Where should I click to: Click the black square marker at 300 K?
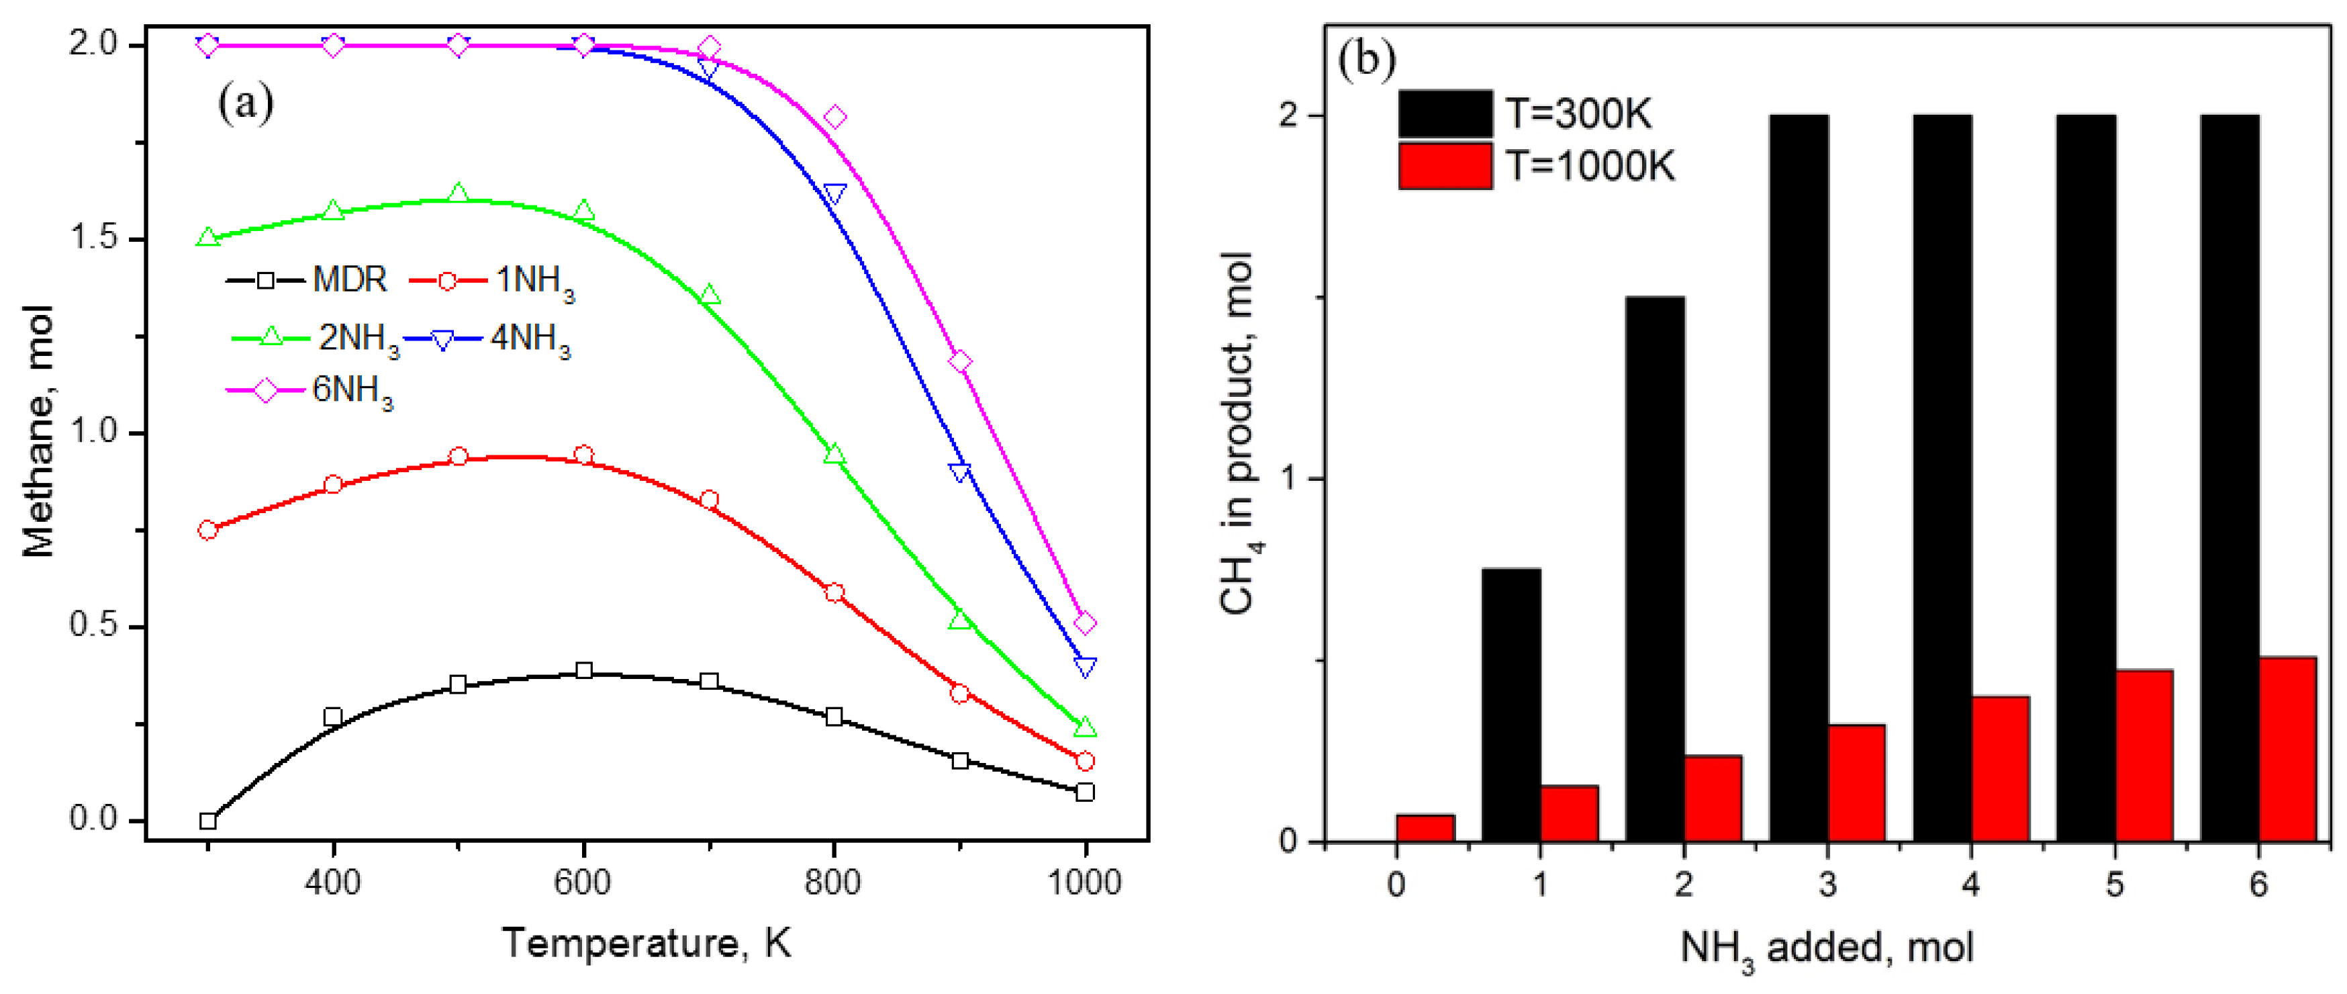pyautogui.click(x=207, y=821)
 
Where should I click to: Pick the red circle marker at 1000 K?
pyautogui.click(x=1084, y=761)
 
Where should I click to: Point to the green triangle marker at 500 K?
pyautogui.click(x=459, y=194)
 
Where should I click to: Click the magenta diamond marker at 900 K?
pyautogui.click(x=959, y=362)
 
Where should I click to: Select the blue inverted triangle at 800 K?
pyautogui.click(x=834, y=193)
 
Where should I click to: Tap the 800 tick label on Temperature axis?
pyautogui.click(x=832, y=882)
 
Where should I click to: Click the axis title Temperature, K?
pyautogui.click(x=647, y=943)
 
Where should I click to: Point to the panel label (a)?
pyautogui.click(x=245, y=103)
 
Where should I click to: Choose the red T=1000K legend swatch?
pyautogui.click(x=1445, y=166)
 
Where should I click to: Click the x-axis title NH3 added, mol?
pyautogui.click(x=1827, y=948)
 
